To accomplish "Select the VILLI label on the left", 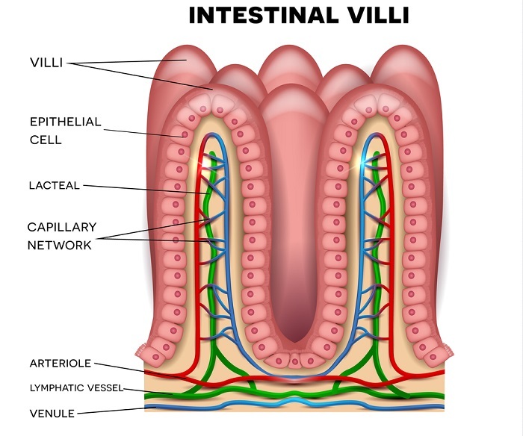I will pyautogui.click(x=46, y=63).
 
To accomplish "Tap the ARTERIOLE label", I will pyautogui.click(x=60, y=364).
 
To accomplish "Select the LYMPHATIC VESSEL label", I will pyautogui.click(x=75, y=388).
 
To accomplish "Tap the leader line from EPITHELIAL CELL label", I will pyautogui.click(x=127, y=131).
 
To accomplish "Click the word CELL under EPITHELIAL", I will pyautogui.click(x=46, y=140).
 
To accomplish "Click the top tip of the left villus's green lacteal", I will pyautogui.click(x=213, y=155).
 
